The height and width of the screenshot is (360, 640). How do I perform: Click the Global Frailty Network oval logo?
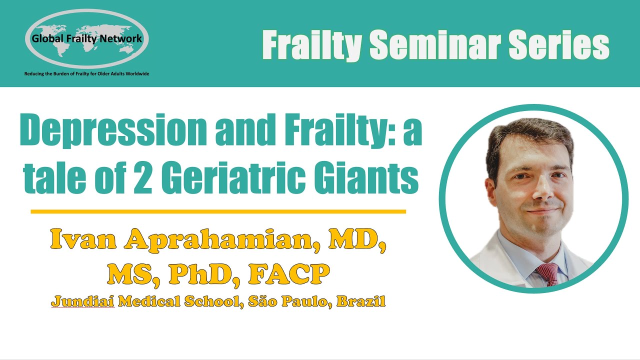point(86,38)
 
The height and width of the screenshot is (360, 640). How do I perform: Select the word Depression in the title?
point(112,131)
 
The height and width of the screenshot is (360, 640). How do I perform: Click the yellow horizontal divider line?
point(218,211)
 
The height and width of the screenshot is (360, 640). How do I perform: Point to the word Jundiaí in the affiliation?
point(82,302)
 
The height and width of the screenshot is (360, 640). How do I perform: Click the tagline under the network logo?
point(86,74)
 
